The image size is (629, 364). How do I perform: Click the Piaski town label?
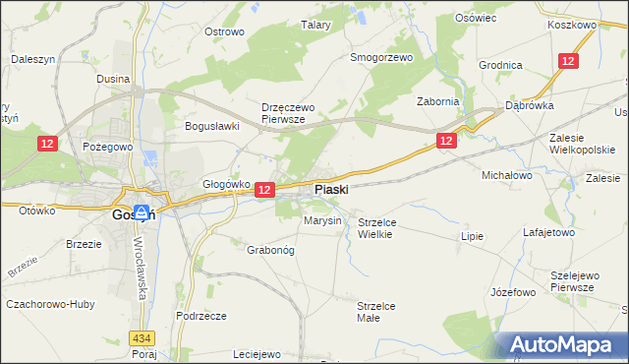click(330, 189)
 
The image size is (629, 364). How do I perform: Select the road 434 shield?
click(142, 338)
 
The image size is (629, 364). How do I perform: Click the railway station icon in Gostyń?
click(142, 212)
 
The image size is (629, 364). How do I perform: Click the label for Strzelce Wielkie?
click(375, 228)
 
